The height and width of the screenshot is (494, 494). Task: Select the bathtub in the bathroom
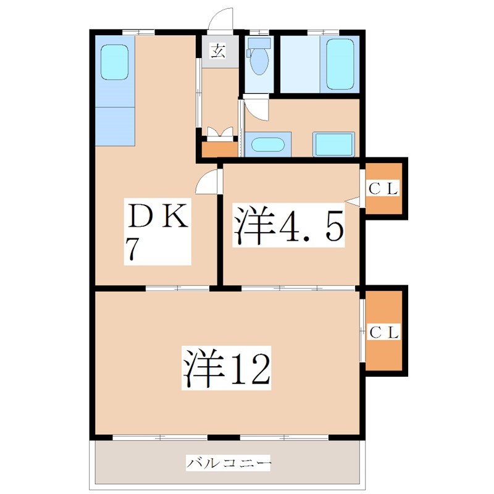coord(339,64)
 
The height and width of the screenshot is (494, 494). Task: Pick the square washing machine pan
coord(333,144)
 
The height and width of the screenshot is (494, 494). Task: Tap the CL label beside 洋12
coord(385,331)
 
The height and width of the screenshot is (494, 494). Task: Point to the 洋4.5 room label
coord(287,226)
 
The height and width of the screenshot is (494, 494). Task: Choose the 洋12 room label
coord(226,368)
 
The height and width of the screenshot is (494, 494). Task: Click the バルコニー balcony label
coord(228,461)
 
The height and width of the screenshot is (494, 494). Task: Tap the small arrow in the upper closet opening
coord(353,200)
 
